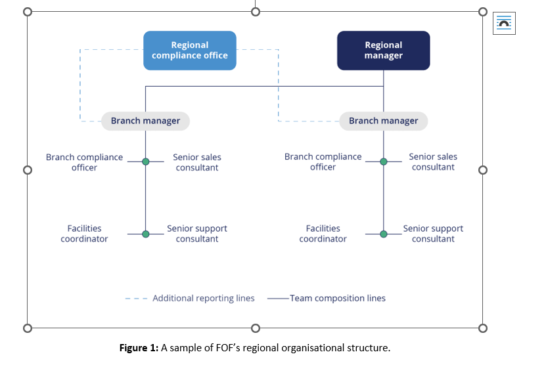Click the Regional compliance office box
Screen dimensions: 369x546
coord(189,51)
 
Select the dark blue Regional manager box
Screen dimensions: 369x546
coord(383,51)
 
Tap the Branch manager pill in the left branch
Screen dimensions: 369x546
coord(145,121)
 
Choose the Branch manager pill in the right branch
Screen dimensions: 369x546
coord(383,121)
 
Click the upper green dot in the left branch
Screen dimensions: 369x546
coord(145,162)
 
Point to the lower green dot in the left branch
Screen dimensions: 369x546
coord(145,234)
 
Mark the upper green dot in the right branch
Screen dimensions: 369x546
coord(384,162)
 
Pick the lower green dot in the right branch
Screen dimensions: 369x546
coord(384,234)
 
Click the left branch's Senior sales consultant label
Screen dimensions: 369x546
coord(197,162)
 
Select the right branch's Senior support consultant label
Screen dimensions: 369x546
coord(433,234)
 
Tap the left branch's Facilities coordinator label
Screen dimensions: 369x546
coord(84,234)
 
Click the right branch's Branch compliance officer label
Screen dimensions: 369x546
coord(323,162)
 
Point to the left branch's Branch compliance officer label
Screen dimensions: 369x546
coord(84,162)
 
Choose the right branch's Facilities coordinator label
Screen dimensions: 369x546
coord(323,234)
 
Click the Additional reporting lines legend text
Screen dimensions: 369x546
coord(203,298)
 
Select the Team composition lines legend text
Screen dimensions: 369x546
coord(338,298)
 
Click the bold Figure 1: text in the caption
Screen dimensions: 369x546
coord(139,348)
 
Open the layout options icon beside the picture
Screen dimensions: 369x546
coord(505,23)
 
